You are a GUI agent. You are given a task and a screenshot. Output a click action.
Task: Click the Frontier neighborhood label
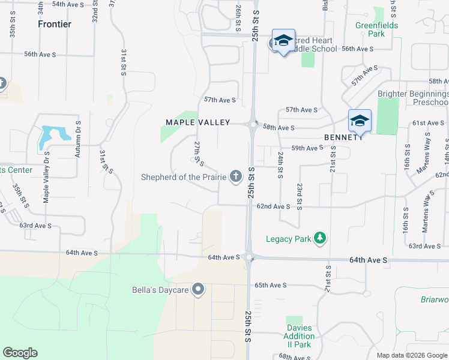coord(55,24)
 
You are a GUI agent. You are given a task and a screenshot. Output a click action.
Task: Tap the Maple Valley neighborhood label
coord(198,122)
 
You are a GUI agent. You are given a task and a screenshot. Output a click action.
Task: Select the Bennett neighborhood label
coord(343,137)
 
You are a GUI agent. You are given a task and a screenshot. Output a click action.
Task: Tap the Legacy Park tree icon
coord(320,239)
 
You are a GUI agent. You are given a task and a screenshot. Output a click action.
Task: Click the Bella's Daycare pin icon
coord(199,290)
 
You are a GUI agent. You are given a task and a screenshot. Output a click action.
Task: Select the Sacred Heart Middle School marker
coord(283,41)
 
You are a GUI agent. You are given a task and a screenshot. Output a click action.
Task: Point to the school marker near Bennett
coord(360,121)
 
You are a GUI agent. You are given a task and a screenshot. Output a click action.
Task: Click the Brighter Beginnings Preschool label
coord(413,98)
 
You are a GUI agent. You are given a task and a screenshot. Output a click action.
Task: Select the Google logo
coord(20,353)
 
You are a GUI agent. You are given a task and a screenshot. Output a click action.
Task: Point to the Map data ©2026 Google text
coord(412,355)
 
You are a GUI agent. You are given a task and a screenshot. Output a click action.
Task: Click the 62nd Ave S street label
coord(273,206)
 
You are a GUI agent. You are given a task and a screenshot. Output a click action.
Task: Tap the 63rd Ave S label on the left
coord(35,226)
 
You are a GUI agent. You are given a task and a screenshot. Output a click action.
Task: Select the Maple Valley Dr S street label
coord(46,177)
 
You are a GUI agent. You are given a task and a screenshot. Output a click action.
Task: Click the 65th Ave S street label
coord(271,285)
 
